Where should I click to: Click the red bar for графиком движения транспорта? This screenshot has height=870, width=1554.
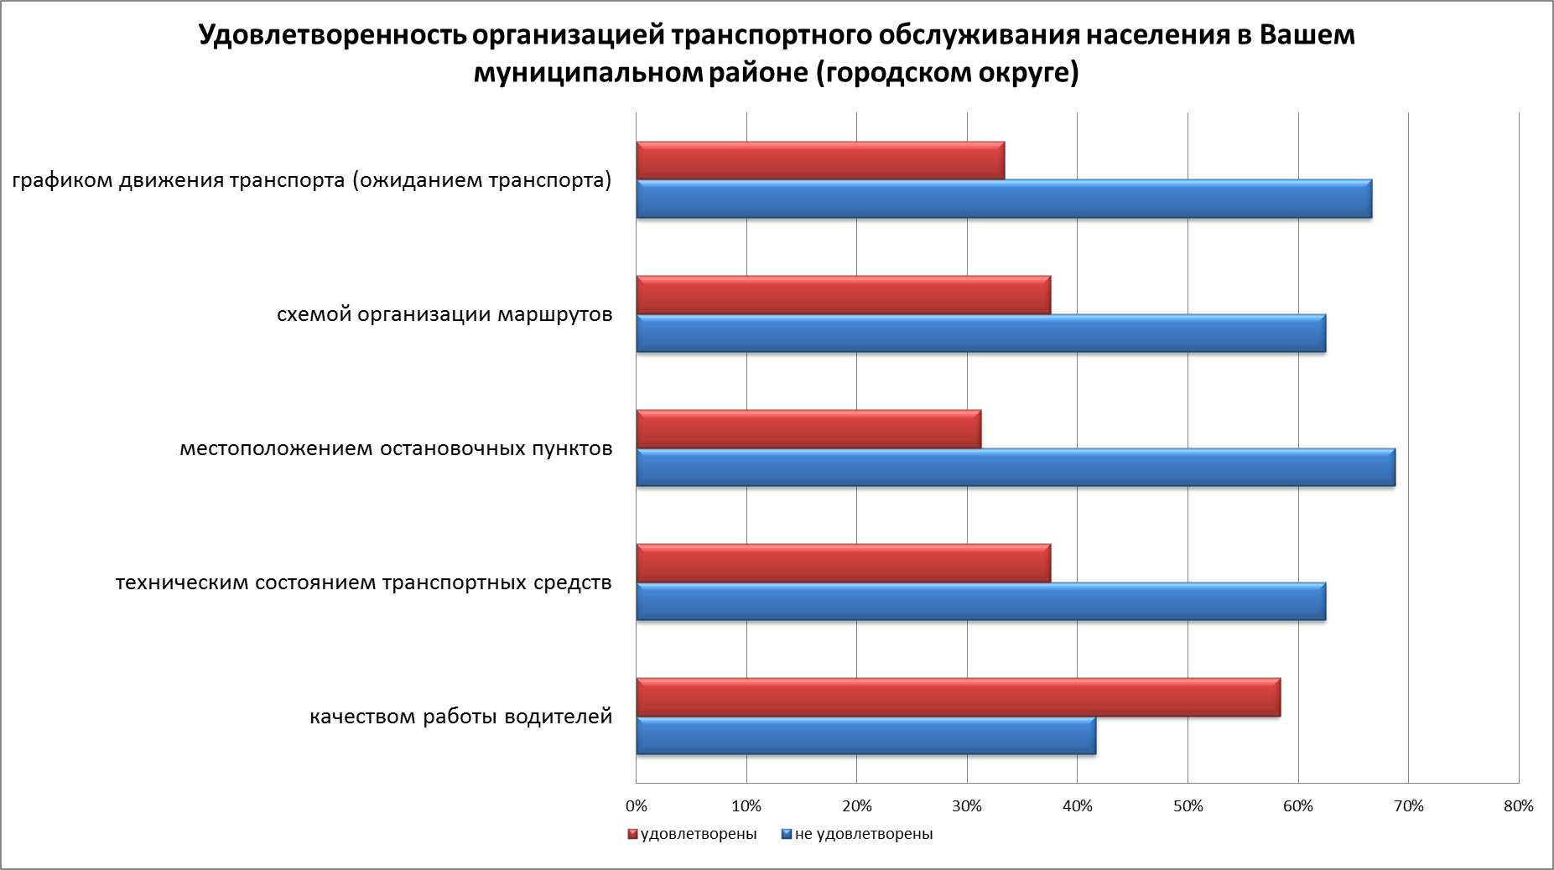click(x=820, y=161)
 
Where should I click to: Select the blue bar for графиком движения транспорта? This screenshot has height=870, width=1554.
click(x=1004, y=199)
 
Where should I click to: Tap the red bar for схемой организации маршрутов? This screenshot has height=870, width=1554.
click(x=843, y=295)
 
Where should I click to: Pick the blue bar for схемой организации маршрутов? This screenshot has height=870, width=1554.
click(x=980, y=333)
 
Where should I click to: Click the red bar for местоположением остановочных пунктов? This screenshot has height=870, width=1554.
click(x=808, y=429)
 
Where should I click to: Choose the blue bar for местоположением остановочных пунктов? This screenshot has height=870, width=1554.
click(x=1016, y=467)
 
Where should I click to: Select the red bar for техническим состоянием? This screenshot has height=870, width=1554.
click(x=843, y=563)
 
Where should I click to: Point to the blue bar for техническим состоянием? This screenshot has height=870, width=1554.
click(x=980, y=601)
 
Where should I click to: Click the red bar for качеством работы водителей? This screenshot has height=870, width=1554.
click(x=958, y=697)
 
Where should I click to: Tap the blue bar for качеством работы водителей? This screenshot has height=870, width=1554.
click(x=865, y=735)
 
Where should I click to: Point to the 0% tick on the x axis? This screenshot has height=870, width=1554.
click(x=637, y=806)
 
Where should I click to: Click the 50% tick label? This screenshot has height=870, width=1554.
click(x=1188, y=806)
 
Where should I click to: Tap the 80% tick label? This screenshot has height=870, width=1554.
click(x=1519, y=806)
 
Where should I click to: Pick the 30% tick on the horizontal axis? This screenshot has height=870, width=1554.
click(x=967, y=806)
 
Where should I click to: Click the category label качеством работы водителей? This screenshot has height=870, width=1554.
click(x=460, y=717)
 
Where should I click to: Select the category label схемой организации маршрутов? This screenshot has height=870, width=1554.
click(x=444, y=314)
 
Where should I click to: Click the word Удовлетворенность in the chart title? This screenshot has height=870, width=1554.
click(x=332, y=37)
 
